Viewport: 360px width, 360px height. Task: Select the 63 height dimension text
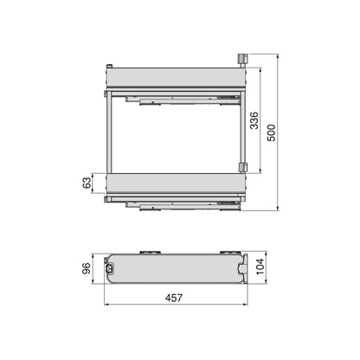(85, 184)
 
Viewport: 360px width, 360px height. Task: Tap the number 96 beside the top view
(85, 267)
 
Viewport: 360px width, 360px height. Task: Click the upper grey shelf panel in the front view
(173, 77)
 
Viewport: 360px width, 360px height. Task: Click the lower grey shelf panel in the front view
(173, 185)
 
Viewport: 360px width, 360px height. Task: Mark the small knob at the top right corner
(242, 58)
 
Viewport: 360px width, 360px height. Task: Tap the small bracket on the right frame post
(244, 166)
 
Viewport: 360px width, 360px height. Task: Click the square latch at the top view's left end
(110, 268)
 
